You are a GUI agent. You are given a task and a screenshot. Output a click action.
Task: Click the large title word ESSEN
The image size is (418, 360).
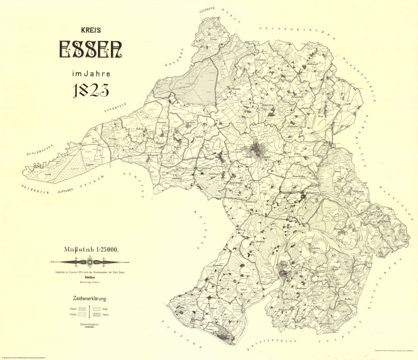[91, 49]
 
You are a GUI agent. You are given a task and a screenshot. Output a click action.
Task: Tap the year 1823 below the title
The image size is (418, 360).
[91, 91]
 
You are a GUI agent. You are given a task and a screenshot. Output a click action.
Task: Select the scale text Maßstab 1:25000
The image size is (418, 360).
[91, 249]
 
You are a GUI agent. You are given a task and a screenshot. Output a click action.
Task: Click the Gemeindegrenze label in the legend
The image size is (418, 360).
[89, 324]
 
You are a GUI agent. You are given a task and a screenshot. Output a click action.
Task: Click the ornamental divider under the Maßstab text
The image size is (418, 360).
[90, 262]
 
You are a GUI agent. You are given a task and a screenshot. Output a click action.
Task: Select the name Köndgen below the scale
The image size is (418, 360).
[90, 277]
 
